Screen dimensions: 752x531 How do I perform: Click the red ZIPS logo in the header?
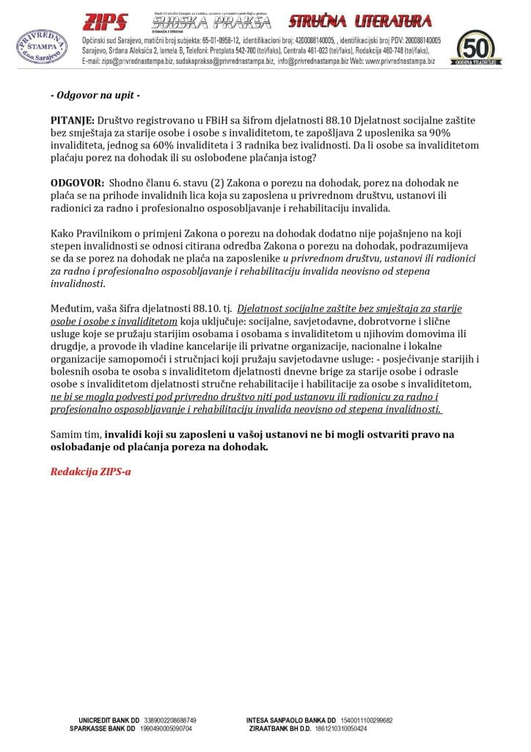106,22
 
